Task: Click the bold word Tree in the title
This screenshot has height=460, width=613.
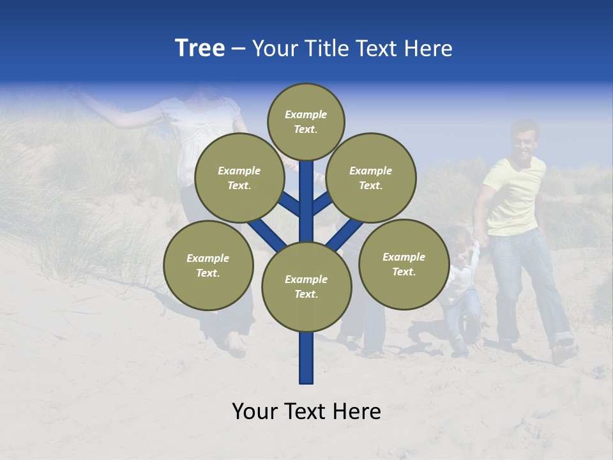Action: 200,49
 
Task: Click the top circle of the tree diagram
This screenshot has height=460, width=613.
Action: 306,121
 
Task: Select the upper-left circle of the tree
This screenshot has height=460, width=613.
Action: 239,178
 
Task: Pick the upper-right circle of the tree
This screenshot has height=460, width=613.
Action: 370,178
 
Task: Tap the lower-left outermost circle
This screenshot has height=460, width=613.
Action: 208,265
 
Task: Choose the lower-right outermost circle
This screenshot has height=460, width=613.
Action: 404,264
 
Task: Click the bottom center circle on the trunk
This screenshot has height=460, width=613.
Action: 306,286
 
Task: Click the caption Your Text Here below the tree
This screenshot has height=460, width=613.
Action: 306,411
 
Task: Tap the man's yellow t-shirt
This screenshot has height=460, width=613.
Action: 514,195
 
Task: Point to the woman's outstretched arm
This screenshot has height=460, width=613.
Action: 121,115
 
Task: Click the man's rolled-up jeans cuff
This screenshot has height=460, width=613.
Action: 562,339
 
